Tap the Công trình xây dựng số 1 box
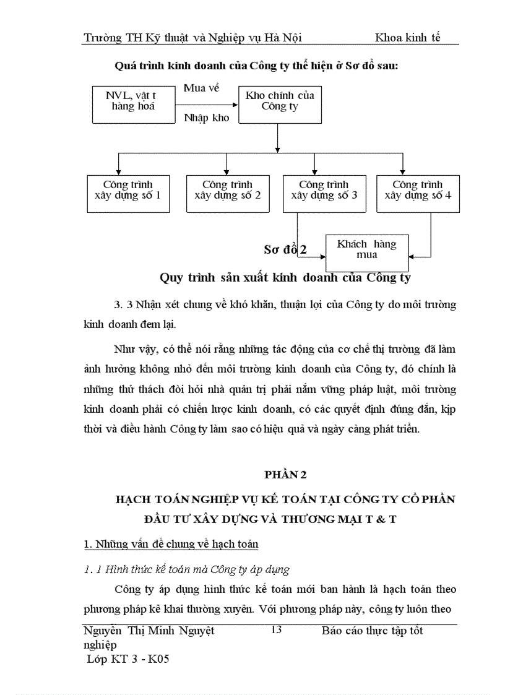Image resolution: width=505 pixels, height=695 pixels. pyautogui.click(x=127, y=194)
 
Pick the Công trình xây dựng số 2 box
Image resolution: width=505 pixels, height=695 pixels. pyautogui.click(x=227, y=194)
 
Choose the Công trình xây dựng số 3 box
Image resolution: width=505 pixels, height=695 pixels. pyautogui.click(x=324, y=194)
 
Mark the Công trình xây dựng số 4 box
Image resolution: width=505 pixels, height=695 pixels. pyautogui.click(x=417, y=194)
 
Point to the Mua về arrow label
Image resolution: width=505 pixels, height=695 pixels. pyautogui.click(x=202, y=88)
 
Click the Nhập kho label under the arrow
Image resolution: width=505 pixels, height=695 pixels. pyautogui.click(x=207, y=118)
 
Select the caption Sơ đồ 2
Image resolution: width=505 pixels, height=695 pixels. pyautogui.click(x=285, y=250)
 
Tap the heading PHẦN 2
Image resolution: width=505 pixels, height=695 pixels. pyautogui.click(x=285, y=475)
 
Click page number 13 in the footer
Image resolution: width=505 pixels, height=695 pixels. pyautogui.click(x=276, y=630)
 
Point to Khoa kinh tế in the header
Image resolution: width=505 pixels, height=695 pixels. pyautogui.click(x=407, y=37)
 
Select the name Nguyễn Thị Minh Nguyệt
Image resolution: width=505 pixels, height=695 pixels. pyautogui.click(x=149, y=631)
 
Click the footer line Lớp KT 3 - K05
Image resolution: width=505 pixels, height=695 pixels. pyautogui.click(x=128, y=659)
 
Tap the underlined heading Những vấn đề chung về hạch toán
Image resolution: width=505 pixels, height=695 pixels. pyautogui.click(x=170, y=544)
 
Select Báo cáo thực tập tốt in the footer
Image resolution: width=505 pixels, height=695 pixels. pyautogui.click(x=372, y=631)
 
